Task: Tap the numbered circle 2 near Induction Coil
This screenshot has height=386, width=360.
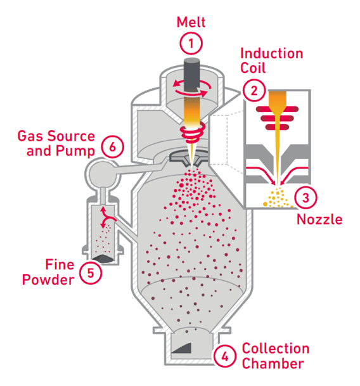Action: (x=254, y=89)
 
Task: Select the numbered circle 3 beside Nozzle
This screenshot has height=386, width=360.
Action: (x=305, y=197)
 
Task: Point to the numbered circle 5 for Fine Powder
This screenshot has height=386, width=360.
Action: (x=91, y=272)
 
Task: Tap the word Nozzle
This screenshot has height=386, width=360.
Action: (x=319, y=220)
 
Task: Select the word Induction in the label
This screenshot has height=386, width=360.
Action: (x=272, y=53)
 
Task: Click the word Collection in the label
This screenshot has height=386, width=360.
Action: (x=276, y=349)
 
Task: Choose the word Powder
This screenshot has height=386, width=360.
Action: (x=48, y=279)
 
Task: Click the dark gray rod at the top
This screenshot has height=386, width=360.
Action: (x=191, y=72)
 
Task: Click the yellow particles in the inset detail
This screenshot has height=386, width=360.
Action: (x=278, y=198)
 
